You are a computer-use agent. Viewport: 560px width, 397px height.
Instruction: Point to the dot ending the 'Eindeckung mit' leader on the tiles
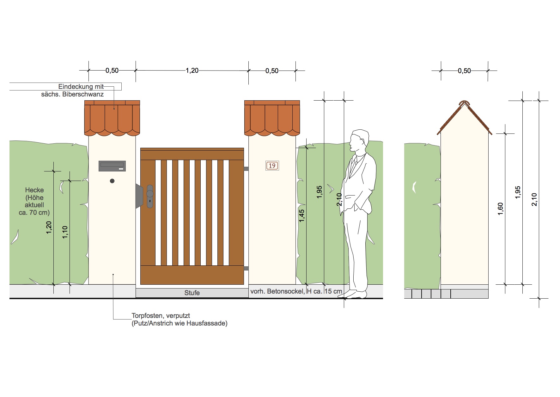(x=114, y=109)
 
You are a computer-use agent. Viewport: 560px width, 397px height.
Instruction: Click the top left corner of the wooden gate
(x=141, y=148)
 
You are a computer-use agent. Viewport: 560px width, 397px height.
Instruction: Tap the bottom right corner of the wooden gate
(x=244, y=284)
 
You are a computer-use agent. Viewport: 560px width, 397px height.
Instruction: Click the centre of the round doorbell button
(x=112, y=181)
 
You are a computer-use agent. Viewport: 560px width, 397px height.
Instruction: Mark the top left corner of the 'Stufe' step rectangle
(x=136, y=288)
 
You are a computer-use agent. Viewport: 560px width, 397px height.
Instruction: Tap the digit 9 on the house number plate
(x=274, y=165)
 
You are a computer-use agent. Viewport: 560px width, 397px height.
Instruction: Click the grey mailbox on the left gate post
(x=112, y=166)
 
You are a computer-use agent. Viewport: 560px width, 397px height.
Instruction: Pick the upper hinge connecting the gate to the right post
(x=246, y=169)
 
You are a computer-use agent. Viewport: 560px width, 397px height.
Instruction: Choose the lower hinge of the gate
(x=246, y=269)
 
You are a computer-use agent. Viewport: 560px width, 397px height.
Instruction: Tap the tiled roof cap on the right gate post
(x=272, y=118)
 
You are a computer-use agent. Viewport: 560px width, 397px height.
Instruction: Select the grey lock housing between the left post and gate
(x=139, y=196)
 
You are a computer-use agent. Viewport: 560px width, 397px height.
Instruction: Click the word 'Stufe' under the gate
(x=192, y=293)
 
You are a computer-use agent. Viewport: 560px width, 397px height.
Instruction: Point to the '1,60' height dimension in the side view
(x=500, y=209)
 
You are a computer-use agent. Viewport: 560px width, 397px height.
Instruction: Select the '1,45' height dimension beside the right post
(x=302, y=215)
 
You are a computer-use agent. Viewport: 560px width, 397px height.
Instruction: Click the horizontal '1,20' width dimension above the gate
(x=192, y=70)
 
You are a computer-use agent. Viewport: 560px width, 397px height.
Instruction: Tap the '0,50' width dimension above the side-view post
(x=464, y=71)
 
